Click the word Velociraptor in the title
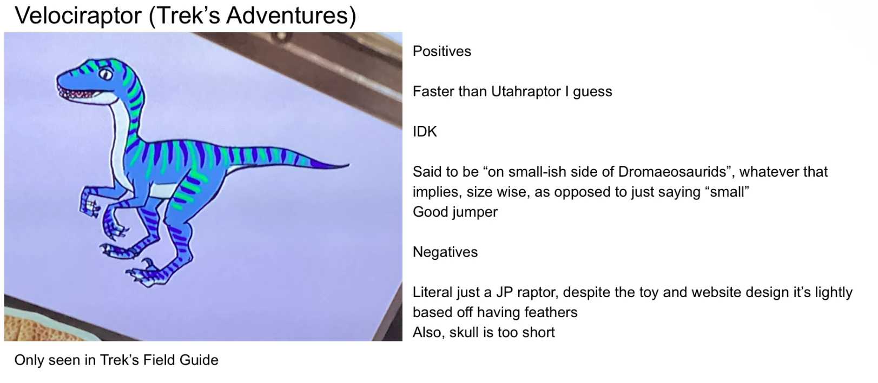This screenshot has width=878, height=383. coord(78,16)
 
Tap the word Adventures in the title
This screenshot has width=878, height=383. coord(287,16)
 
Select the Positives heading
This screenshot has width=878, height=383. coord(442,51)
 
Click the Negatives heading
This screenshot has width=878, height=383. coord(445,252)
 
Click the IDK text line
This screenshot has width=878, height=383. coord(425,131)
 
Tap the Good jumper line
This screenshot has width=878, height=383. coord(455,212)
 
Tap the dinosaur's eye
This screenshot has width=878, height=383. coord(105,73)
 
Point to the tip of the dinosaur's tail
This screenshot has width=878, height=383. coord(348,165)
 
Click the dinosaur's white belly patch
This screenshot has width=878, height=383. coord(164,190)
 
